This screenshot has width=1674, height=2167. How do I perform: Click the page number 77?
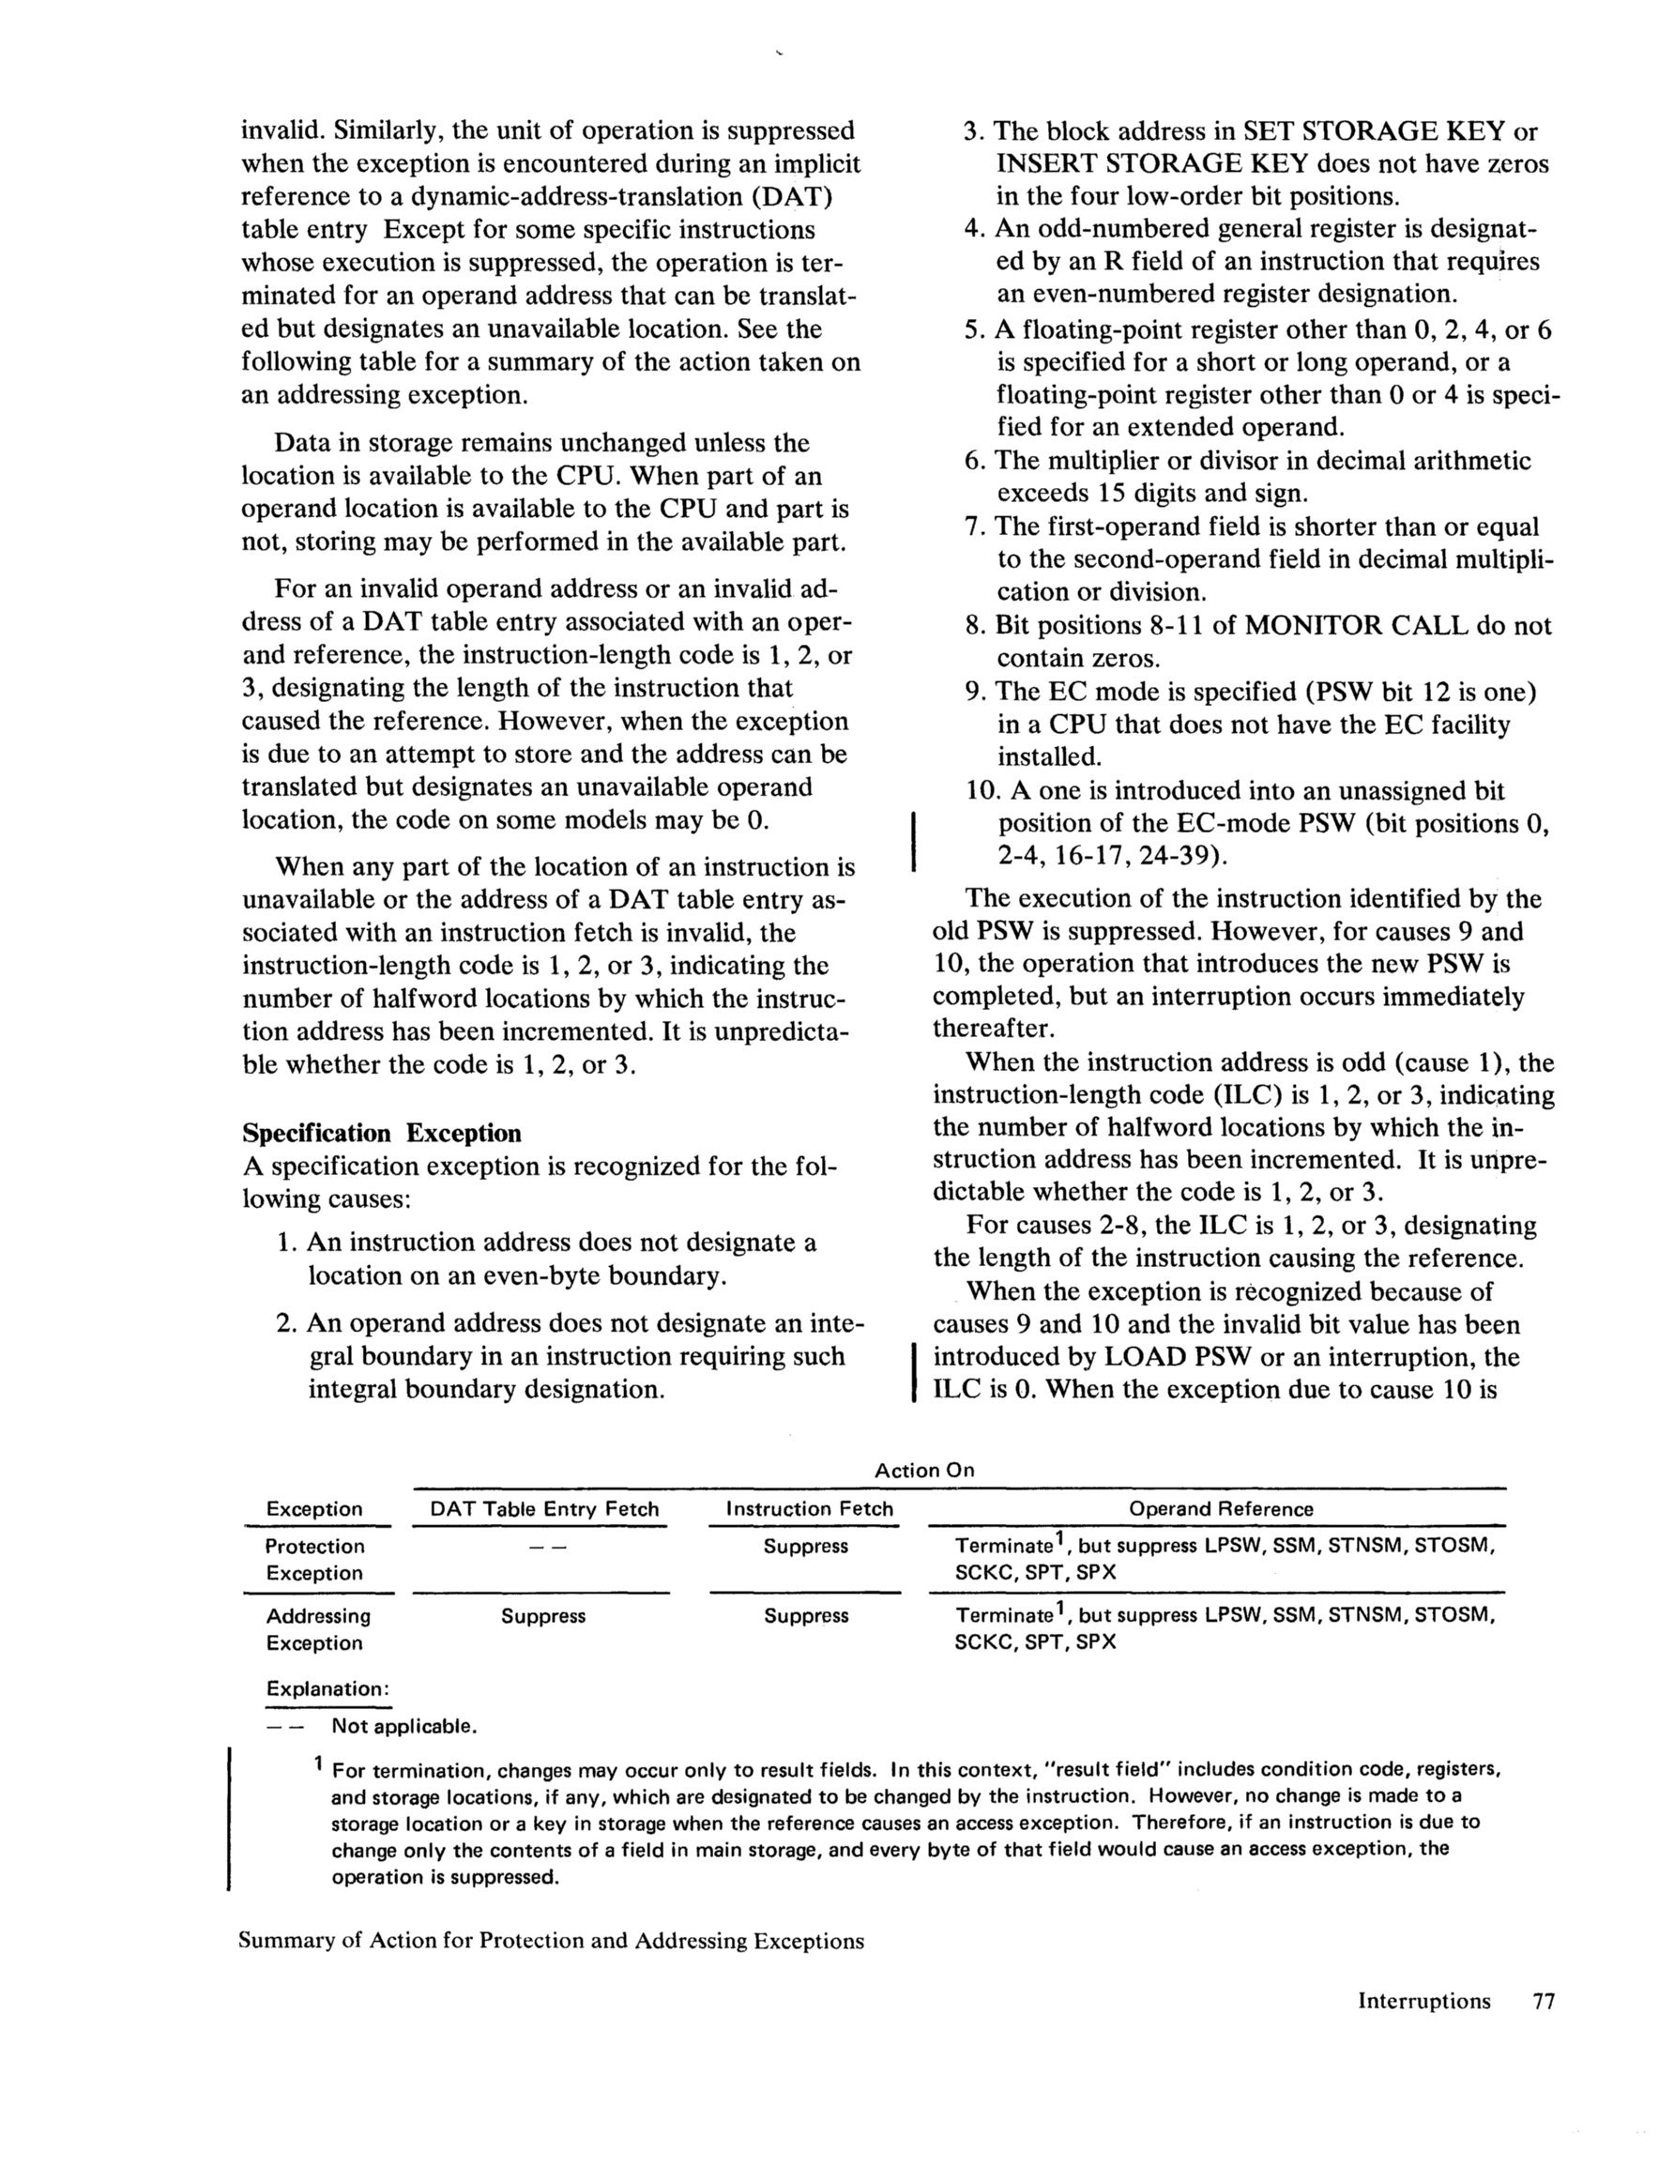point(1543,2000)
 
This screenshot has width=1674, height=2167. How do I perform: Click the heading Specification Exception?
point(382,1133)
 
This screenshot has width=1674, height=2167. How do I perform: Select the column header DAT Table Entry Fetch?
point(544,1509)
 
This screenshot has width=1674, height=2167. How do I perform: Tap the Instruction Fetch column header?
point(810,1509)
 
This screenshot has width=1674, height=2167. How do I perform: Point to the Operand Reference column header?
point(1221,1509)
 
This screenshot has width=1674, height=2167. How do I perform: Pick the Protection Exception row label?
point(314,1559)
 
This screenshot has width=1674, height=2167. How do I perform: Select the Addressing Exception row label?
point(317,1629)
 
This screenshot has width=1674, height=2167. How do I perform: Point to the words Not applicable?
point(403,1727)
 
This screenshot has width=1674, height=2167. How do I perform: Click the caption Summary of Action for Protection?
point(551,1941)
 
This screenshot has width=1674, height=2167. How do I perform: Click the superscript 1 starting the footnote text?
point(317,1763)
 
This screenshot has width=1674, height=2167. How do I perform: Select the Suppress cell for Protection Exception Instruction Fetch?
point(806,1547)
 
